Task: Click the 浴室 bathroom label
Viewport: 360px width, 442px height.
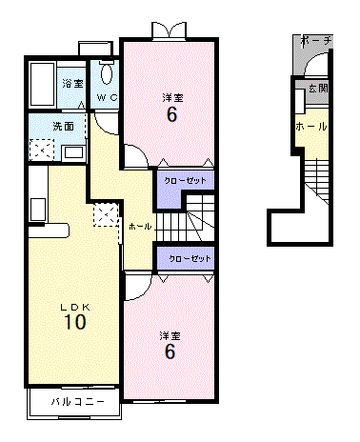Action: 72,84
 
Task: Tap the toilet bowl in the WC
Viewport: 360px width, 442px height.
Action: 107,73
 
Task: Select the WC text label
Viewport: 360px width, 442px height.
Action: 108,97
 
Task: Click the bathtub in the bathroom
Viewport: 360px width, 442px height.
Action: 42,84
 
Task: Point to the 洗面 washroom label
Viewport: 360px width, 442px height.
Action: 63,126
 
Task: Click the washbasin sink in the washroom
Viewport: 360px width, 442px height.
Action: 73,153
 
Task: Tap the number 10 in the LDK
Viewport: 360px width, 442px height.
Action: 75,322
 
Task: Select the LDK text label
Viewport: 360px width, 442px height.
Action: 75,307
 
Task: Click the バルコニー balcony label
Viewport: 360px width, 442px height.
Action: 78,402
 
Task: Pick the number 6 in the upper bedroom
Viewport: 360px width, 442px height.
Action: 171,114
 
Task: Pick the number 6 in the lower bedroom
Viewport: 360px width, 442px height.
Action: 170,352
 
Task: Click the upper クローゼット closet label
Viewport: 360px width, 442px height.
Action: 185,181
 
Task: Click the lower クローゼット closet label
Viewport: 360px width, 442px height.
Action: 190,259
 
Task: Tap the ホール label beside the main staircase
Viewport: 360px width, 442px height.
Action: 140,227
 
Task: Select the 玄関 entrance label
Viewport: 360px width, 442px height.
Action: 318,88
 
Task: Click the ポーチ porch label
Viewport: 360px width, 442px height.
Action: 316,42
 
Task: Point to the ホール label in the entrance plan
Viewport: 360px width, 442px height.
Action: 311,127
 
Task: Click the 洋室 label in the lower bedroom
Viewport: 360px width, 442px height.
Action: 170,335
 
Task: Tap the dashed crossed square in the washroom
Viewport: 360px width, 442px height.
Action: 42,150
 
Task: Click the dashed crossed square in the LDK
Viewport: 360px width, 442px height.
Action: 106,215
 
